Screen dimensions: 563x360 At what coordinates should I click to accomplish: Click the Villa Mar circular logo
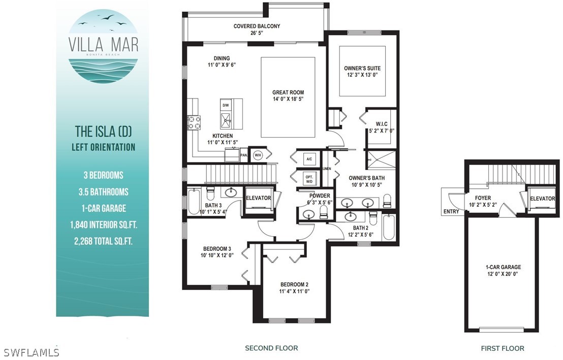click(103, 46)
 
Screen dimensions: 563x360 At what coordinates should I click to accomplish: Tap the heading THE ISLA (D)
click(104, 132)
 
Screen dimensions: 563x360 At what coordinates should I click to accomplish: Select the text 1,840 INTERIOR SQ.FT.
click(104, 225)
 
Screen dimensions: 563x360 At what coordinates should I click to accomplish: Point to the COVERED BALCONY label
click(257, 26)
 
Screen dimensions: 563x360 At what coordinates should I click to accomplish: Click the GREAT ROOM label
click(288, 92)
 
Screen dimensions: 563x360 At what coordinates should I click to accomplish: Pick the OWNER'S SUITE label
click(362, 68)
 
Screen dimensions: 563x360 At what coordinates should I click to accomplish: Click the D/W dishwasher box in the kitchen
click(226, 105)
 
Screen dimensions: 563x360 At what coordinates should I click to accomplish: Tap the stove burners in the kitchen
click(194, 122)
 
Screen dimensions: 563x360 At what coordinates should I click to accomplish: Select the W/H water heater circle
click(258, 155)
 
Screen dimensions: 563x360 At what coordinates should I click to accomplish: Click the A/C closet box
click(309, 158)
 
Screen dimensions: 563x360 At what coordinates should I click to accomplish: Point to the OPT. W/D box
click(309, 179)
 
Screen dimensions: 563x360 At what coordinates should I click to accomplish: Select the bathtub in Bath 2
click(389, 227)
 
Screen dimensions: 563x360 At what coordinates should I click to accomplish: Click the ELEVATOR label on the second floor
click(258, 198)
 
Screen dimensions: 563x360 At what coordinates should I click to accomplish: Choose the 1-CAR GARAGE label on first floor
click(503, 267)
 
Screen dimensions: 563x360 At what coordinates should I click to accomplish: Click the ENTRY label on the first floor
click(451, 211)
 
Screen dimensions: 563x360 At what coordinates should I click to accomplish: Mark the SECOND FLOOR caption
click(271, 348)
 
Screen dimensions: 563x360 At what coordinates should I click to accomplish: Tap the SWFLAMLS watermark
click(30, 352)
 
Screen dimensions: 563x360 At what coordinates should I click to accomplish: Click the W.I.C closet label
click(382, 124)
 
